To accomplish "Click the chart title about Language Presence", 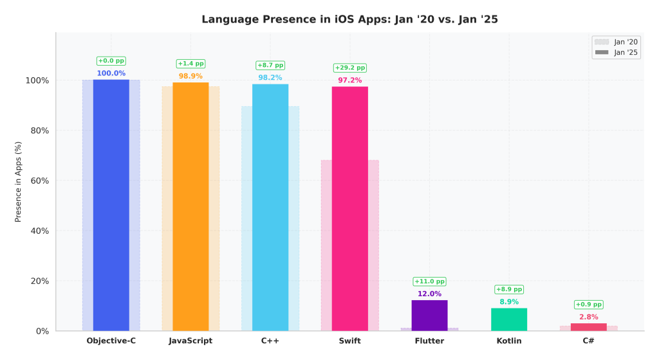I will pos(349,19).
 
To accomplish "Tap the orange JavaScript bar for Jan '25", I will pos(190,206).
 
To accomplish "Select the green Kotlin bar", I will pos(509,319).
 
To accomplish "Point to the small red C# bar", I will pos(588,327).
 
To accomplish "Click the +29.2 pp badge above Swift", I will pos(349,68).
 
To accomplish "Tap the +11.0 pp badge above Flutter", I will pos(429,281).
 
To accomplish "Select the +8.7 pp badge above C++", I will pos(270,65).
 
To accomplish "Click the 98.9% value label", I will pos(190,76).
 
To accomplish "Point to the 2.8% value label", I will pos(588,317).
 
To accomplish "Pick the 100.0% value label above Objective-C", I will pos(111,73).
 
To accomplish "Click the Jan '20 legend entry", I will pos(617,42).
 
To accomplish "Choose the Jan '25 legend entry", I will pos(617,52).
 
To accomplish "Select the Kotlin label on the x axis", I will pos(509,341).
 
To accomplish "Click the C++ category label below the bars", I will pos(270,341).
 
